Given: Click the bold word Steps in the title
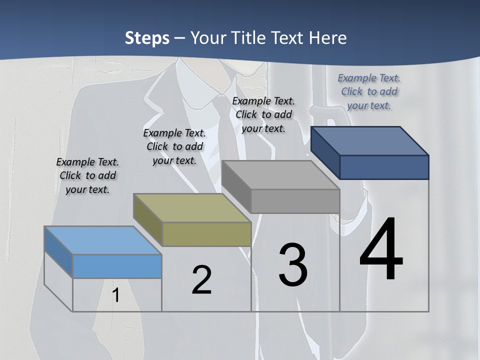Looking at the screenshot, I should tap(147, 38).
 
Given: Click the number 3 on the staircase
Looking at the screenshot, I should tap(293, 265).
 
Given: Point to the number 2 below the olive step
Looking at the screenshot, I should tap(201, 280).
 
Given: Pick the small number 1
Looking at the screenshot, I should tap(115, 295).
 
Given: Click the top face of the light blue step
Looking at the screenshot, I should tap(102, 240).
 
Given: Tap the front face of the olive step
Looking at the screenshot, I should tap(207, 234).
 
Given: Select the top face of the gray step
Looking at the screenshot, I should tap(280, 175).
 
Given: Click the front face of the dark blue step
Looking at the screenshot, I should tap(384, 167).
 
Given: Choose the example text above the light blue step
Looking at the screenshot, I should tap(87, 175).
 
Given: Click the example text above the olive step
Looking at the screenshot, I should tap(174, 146).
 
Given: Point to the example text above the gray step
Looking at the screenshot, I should tap(263, 114).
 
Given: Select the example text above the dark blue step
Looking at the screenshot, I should tap(369, 91).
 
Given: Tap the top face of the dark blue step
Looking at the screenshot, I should tap(369, 141).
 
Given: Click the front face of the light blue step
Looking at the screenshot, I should tap(117, 266).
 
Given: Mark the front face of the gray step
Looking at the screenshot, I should tap(295, 201).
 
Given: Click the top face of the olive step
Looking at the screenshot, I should tap(191, 207).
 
